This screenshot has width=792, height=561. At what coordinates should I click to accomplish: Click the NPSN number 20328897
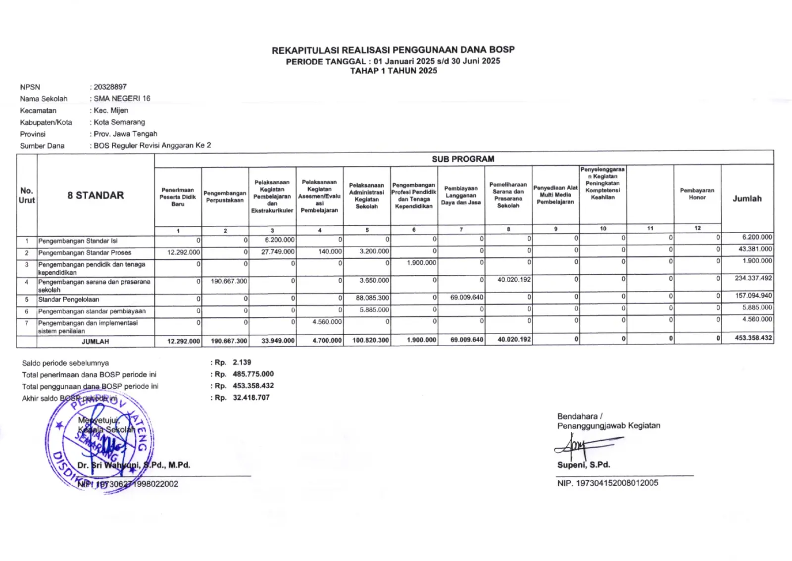click(110, 87)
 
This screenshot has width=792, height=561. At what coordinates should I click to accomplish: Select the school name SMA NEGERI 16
click(122, 99)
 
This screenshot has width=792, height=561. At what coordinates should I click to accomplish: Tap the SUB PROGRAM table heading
click(463, 159)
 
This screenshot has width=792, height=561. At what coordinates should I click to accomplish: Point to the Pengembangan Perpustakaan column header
click(225, 197)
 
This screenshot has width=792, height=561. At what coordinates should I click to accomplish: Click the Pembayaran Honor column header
click(697, 194)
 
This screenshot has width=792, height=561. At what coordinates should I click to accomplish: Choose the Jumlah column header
click(747, 199)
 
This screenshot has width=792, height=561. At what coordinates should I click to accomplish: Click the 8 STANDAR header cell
click(96, 195)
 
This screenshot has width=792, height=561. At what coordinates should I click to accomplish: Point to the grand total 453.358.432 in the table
click(753, 338)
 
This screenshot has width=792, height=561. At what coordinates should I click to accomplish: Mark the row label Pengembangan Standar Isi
click(78, 241)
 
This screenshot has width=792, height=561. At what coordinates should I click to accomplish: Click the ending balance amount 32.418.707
click(251, 398)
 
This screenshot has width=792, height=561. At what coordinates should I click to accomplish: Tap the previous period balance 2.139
click(242, 362)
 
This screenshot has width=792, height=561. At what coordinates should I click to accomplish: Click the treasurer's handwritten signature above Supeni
click(582, 446)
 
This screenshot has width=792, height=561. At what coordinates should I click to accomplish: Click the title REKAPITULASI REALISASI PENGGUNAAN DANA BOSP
click(393, 50)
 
